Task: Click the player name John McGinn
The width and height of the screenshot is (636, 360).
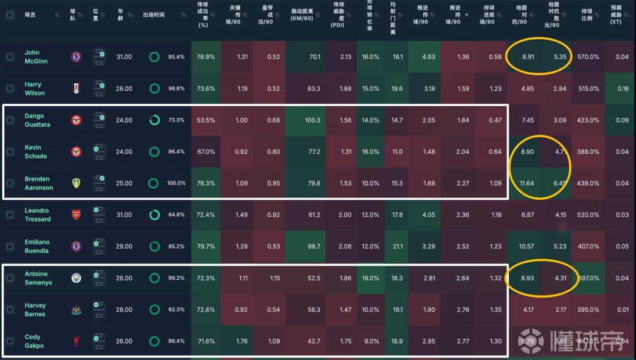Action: click(36, 57)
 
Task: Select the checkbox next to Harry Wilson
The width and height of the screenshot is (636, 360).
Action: click(10, 88)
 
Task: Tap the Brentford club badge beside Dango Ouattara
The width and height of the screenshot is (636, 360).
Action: click(77, 120)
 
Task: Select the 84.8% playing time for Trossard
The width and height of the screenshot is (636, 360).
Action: click(175, 215)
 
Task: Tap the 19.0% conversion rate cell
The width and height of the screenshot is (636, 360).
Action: click(370, 278)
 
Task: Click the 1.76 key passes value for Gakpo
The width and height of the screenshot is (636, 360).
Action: click(242, 341)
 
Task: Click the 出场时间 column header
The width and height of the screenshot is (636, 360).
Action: click(154, 15)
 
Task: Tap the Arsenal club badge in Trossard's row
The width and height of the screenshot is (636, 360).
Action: click(77, 215)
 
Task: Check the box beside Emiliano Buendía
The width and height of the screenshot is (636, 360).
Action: click(10, 246)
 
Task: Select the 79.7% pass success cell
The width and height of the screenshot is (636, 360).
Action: click(206, 246)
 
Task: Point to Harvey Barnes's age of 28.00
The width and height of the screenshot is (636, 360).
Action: click(124, 309)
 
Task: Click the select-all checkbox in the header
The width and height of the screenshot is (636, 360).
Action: click(10, 15)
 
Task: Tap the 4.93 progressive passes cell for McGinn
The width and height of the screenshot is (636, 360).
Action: click(429, 57)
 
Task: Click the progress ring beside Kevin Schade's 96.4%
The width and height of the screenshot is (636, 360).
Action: click(154, 152)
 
